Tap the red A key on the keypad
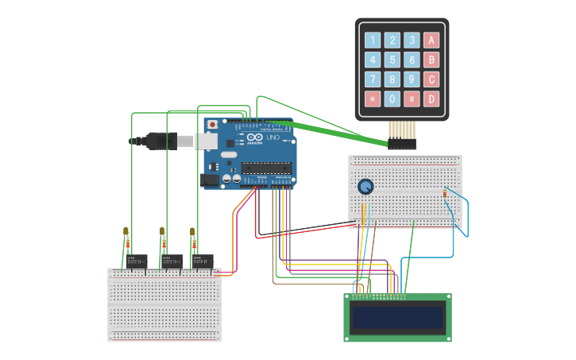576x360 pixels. (431, 40)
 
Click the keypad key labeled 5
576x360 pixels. (392, 60)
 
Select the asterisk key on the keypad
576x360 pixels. (373, 99)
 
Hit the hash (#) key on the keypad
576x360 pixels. (412, 99)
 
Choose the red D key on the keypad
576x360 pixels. (431, 99)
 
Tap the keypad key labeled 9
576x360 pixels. (412, 79)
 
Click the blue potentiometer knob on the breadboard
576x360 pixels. (365, 187)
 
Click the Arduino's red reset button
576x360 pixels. (213, 125)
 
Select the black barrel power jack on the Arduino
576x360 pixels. (211, 180)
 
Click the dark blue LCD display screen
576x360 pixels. (398, 318)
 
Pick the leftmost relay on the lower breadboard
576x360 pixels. (137, 261)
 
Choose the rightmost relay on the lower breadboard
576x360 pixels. (203, 261)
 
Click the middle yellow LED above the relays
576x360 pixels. (162, 232)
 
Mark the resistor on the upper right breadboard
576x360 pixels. (444, 193)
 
